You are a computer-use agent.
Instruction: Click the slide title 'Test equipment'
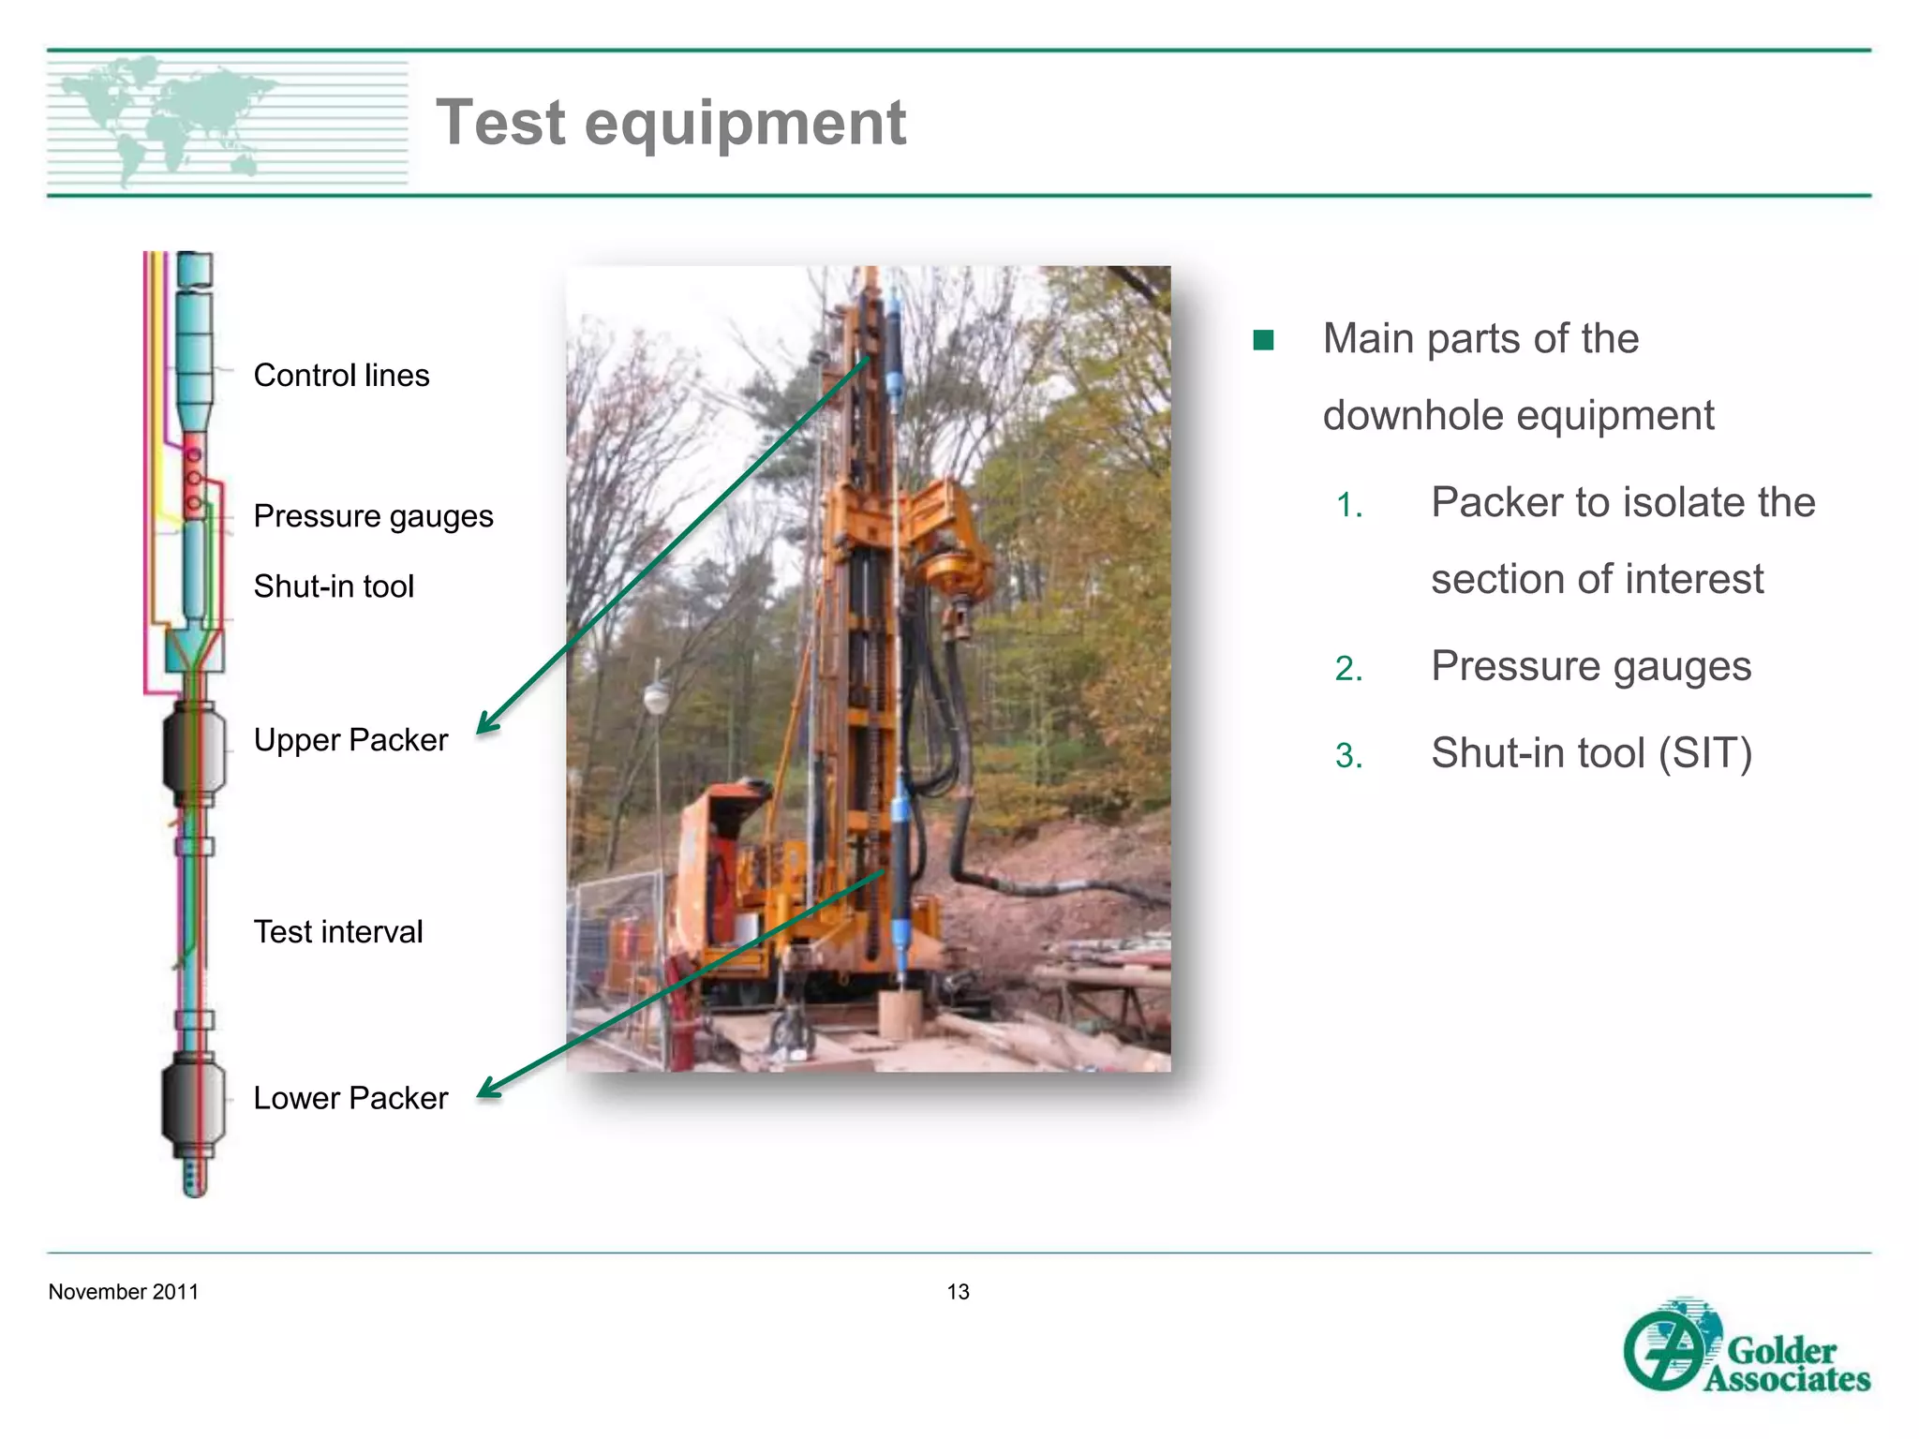tap(671, 123)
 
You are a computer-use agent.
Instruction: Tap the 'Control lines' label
tap(341, 376)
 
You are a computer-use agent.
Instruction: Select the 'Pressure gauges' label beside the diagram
tap(373, 516)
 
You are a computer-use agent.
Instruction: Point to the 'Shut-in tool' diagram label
tap(334, 586)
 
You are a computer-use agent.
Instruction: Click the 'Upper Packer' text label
tap(350, 740)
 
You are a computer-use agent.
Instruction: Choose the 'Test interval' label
tap(338, 932)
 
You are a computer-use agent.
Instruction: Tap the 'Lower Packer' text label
tap(350, 1098)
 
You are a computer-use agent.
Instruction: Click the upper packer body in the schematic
tap(194, 752)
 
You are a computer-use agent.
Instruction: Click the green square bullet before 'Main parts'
tap(1263, 340)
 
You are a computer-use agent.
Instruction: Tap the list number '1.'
tap(1349, 506)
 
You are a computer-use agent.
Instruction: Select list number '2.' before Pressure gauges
tap(1349, 669)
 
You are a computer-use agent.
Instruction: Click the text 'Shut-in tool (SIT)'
tap(1591, 753)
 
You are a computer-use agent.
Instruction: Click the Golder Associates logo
tap(1747, 1347)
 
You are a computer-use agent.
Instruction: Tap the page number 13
tap(958, 1292)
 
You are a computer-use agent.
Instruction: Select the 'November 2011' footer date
tap(124, 1292)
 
